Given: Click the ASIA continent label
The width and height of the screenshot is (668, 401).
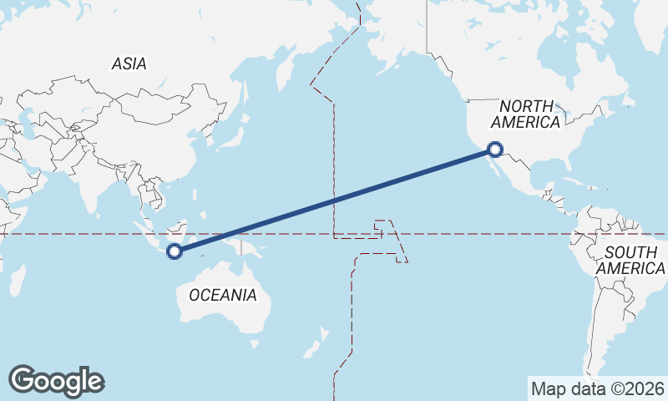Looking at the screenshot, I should [129, 63].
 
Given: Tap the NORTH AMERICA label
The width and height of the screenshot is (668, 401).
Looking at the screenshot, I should [525, 114].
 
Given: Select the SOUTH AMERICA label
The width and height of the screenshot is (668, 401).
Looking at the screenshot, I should [630, 260].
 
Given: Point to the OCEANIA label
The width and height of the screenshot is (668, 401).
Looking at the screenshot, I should [223, 295].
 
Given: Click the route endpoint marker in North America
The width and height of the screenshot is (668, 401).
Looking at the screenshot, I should [495, 150].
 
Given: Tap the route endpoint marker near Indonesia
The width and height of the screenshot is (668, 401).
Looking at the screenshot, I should [175, 251].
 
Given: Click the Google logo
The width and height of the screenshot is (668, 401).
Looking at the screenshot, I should [56, 381].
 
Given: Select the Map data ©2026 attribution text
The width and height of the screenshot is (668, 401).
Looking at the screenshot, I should [598, 388].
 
